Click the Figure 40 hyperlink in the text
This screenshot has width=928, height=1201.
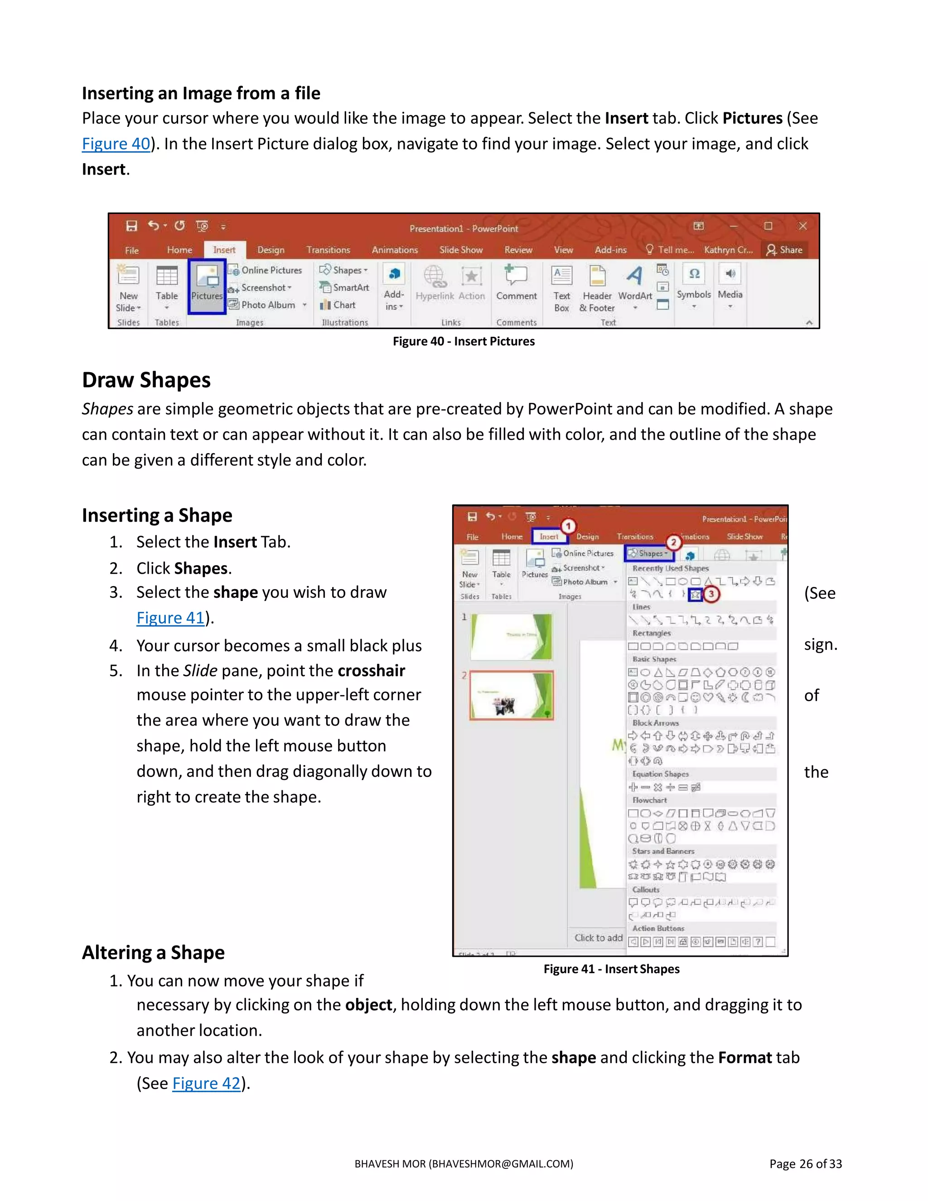point(116,144)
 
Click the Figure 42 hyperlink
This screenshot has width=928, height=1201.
point(206,1083)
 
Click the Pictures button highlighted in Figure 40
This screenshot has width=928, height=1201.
point(207,286)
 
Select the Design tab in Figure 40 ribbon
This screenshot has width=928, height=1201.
point(271,250)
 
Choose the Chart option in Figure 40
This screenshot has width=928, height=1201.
point(338,305)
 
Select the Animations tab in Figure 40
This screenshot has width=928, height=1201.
point(395,250)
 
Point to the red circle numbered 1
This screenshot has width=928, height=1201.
point(569,526)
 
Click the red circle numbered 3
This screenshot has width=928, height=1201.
point(711,594)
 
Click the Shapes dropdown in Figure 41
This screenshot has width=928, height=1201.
point(649,553)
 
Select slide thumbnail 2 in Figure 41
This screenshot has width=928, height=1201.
point(511,695)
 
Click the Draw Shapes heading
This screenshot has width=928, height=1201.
point(146,380)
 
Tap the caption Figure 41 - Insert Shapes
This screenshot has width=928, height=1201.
point(611,969)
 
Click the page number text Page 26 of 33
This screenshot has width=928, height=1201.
point(805,1163)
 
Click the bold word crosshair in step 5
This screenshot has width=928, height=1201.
point(371,670)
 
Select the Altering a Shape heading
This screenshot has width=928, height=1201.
point(154,953)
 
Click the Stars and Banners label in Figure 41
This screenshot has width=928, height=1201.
point(663,851)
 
